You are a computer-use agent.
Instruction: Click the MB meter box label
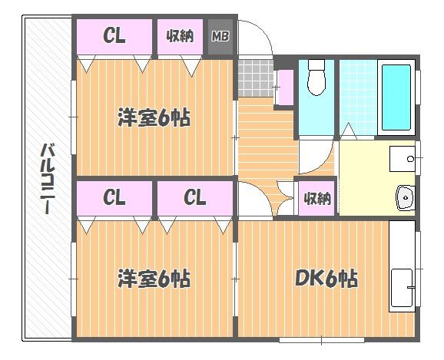tap(220, 36)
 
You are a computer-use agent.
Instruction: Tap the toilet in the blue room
tap(316, 78)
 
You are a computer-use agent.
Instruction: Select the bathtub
tap(396, 97)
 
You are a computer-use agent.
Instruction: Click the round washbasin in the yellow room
tap(406, 197)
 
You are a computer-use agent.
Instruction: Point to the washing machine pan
tap(402, 159)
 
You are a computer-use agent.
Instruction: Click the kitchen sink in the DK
tap(402, 288)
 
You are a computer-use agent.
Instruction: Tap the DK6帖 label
tap(326, 279)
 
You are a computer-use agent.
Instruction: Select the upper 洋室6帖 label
tap(154, 117)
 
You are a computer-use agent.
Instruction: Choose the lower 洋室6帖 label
tap(154, 279)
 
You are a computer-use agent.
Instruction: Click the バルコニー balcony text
tap(48, 179)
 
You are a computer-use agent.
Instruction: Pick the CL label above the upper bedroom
tap(114, 35)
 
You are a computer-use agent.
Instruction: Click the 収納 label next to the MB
tap(180, 36)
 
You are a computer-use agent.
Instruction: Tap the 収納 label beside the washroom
tap(317, 198)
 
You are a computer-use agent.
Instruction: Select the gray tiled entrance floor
tap(256, 78)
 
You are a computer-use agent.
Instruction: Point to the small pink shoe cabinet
tap(284, 88)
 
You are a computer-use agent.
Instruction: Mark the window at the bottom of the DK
tap(322, 340)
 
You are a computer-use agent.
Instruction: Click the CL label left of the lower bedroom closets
tap(114, 197)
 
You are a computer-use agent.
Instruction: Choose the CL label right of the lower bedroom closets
tap(195, 197)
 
